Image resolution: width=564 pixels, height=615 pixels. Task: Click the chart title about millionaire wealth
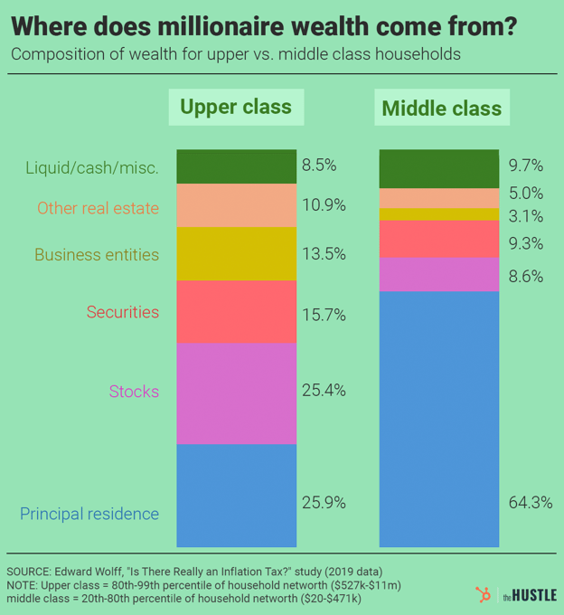[264, 25]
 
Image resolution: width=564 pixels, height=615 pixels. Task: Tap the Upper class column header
[236, 108]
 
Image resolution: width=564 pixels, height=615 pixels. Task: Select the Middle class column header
[441, 109]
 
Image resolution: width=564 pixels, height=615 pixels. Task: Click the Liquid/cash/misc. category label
[92, 167]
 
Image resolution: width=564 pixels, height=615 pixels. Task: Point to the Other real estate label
[98, 208]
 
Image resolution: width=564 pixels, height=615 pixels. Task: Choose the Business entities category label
[97, 254]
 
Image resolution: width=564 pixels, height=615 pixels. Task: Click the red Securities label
[123, 312]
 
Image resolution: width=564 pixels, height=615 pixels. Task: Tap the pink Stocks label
[134, 392]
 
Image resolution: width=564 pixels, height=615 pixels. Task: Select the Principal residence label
[89, 514]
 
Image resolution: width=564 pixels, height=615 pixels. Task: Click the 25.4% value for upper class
[323, 391]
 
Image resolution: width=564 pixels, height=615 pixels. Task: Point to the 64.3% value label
[531, 502]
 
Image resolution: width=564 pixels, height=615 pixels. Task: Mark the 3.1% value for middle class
[526, 216]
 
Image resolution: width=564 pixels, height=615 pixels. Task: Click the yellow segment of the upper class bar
[237, 254]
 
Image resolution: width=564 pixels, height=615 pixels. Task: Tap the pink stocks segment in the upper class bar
[237, 393]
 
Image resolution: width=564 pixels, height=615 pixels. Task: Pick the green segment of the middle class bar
[439, 168]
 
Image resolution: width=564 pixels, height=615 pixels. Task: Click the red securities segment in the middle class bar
[439, 239]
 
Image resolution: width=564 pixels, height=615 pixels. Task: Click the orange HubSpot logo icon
[483, 593]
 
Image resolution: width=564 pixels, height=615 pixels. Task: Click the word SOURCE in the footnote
[33, 572]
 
